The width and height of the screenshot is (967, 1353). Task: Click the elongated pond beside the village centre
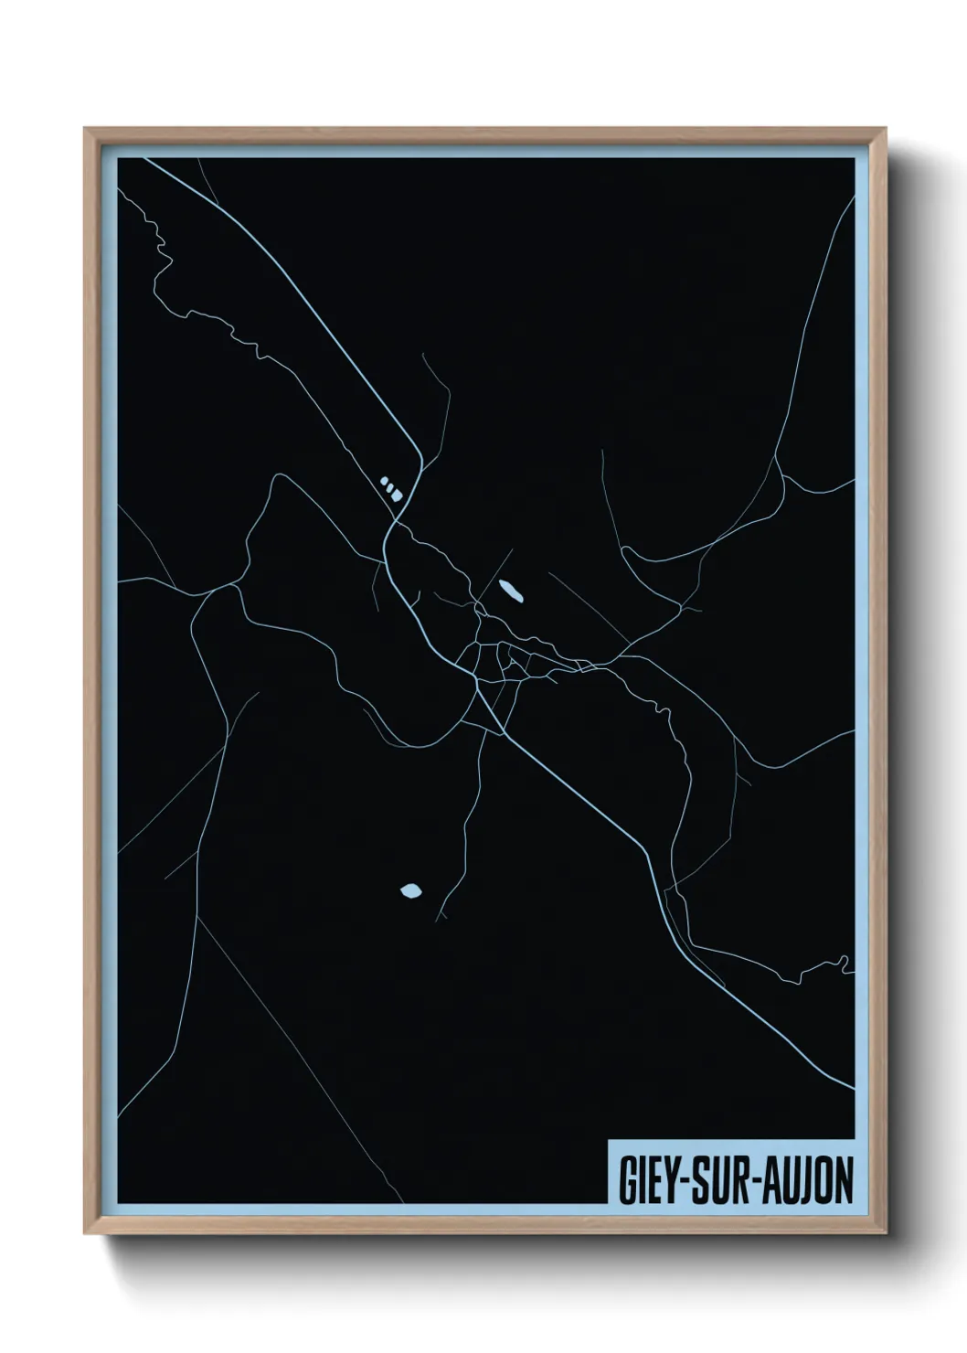coord(510,591)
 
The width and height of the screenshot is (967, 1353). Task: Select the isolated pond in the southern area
coord(411,889)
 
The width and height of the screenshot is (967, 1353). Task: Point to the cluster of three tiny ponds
coord(390,486)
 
